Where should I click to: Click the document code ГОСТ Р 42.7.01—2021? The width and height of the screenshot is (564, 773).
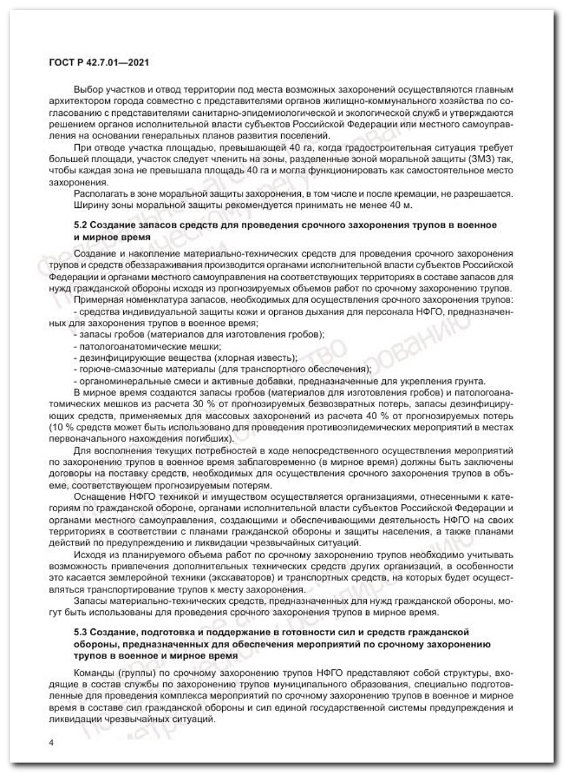pos(99,62)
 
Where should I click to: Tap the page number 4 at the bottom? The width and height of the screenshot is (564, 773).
pos(51,743)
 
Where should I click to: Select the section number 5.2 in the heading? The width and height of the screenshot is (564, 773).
pos(80,225)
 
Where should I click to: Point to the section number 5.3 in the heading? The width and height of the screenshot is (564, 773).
pos(80,632)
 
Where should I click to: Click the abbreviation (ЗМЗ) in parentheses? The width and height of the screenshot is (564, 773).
pos(484,159)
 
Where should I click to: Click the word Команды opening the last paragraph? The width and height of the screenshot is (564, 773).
pos(94,673)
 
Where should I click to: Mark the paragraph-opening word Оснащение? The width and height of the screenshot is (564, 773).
pos(97,497)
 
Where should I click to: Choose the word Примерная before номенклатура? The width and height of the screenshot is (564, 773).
pos(98,300)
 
